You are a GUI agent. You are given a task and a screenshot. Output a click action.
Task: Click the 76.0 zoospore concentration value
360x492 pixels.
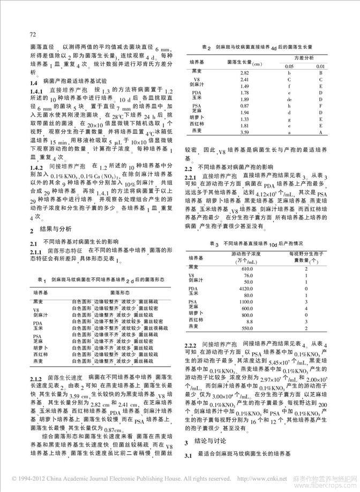point(247,275)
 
